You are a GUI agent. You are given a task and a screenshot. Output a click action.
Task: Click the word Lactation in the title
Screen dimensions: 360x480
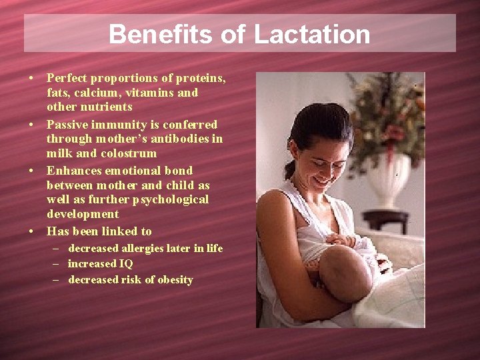click(x=311, y=34)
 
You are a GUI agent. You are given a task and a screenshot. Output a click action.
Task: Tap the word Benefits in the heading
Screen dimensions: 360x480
click(x=163, y=34)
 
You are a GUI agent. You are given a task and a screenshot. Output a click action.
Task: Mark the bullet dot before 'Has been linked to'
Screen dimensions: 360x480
click(x=32, y=231)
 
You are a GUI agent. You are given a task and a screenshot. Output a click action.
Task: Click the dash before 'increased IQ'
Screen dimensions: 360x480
click(x=57, y=263)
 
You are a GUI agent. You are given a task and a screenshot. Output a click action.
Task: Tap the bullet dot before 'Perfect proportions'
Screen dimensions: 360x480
click(x=32, y=79)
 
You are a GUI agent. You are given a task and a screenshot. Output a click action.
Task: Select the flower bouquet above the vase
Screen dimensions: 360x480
click(x=387, y=113)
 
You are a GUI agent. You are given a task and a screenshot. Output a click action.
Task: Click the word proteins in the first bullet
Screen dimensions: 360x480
click(x=205, y=78)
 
